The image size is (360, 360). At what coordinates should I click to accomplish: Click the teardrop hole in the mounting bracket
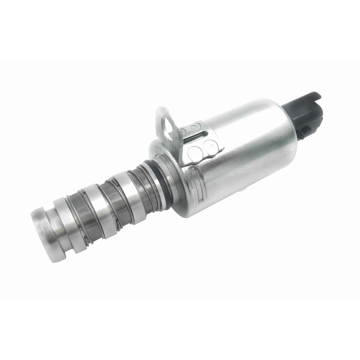point(166,123)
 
